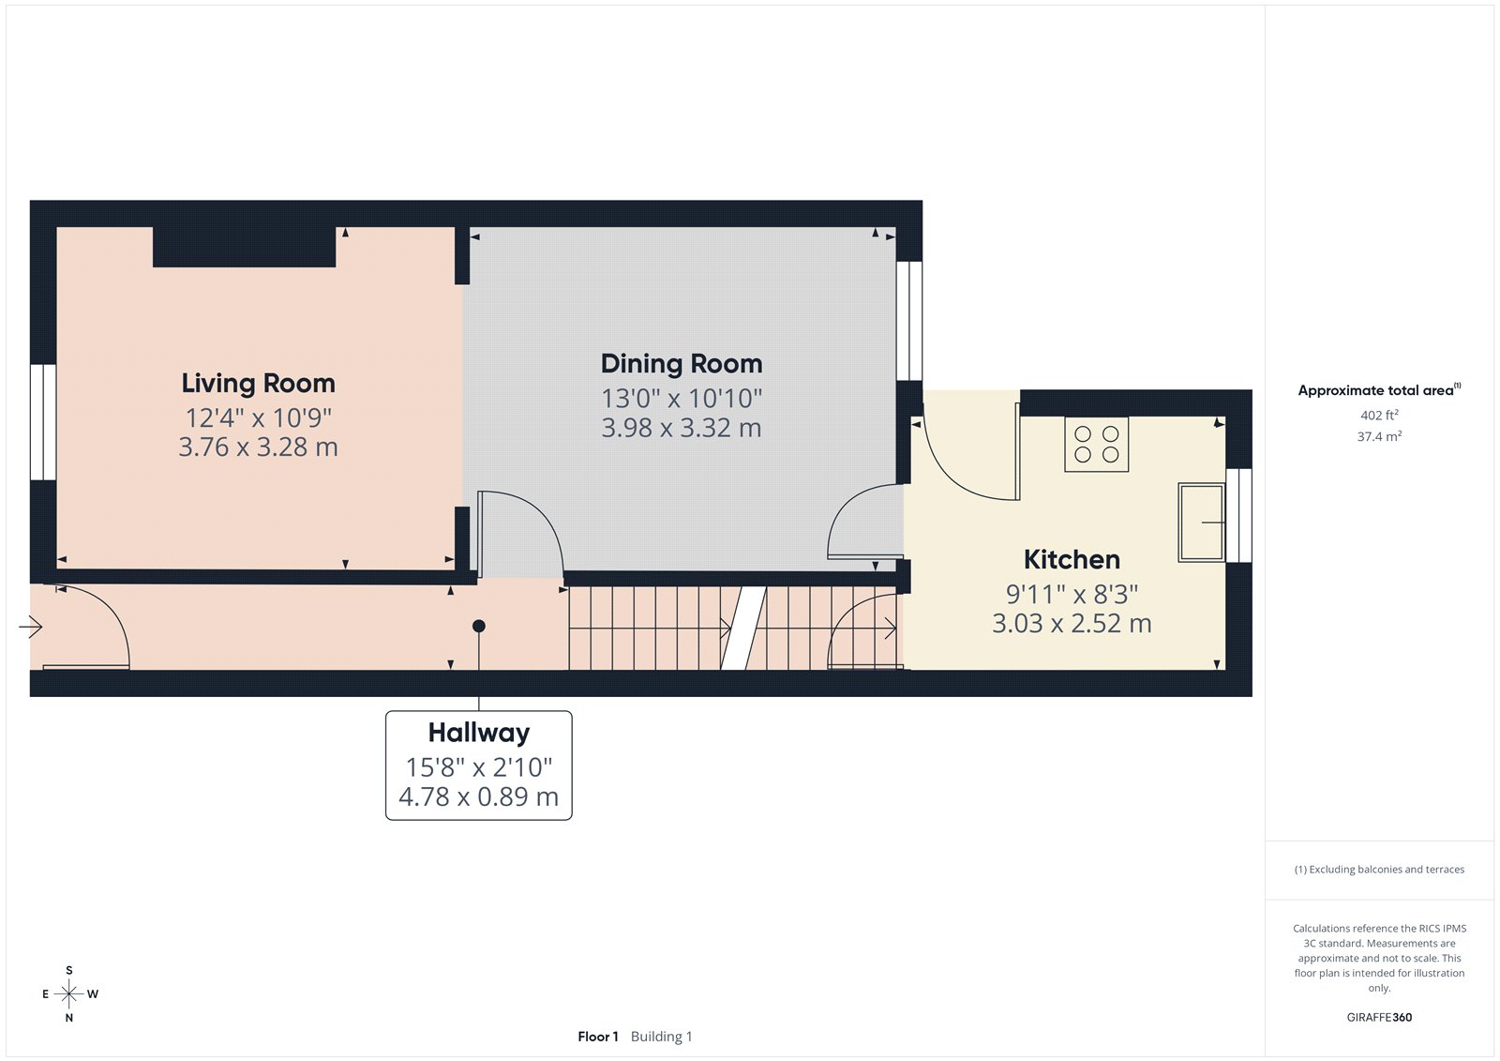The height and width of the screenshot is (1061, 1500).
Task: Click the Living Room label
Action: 258,383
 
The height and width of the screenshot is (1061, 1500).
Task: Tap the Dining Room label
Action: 682,364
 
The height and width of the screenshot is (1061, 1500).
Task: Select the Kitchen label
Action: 1072,560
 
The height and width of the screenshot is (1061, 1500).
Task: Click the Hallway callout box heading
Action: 478,733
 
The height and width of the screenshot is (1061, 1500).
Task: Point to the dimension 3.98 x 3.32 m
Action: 682,428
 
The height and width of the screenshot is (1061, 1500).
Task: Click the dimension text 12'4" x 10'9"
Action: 258,417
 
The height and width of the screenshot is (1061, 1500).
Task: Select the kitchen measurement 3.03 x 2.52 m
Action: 1072,624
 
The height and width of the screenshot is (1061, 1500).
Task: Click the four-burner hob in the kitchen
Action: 1096,444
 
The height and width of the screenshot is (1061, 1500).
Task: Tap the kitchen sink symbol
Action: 1201,522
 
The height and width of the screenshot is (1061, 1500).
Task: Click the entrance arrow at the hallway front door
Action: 31,627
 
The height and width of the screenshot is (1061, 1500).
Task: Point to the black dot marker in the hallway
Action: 478,626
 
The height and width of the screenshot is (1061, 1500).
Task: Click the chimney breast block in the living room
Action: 244,247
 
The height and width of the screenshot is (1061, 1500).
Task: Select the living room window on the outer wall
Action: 42,422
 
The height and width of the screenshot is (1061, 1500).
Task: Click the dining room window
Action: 908,320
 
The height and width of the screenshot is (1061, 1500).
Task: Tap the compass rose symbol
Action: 69,993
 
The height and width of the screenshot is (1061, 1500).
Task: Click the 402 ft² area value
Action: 1379,415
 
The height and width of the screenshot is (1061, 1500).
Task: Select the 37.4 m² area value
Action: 1379,436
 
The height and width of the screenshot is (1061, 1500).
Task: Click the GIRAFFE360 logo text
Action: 1379,1017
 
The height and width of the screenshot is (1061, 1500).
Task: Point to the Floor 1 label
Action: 597,1037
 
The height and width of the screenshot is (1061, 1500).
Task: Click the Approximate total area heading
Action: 1375,390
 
